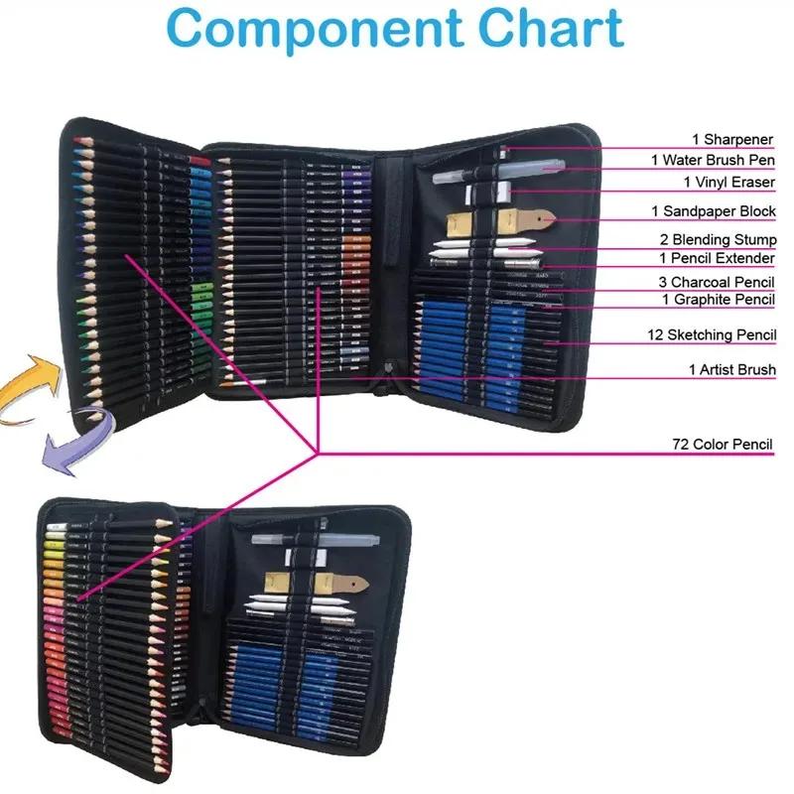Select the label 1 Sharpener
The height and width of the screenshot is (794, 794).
click(x=733, y=140)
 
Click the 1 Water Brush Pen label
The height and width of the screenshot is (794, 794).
click(x=714, y=160)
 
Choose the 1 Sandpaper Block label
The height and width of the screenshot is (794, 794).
click(x=714, y=211)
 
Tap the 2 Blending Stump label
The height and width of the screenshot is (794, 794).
click(x=718, y=240)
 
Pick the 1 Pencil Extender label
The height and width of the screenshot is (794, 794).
click(x=718, y=259)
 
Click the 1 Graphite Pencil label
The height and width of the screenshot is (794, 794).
click(x=719, y=299)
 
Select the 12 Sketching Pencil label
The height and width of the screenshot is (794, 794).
click(x=711, y=335)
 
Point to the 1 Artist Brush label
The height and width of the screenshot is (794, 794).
click(x=731, y=370)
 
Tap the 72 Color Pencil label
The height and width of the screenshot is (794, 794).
click(x=722, y=445)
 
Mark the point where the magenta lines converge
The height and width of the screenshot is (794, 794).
click(x=317, y=453)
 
